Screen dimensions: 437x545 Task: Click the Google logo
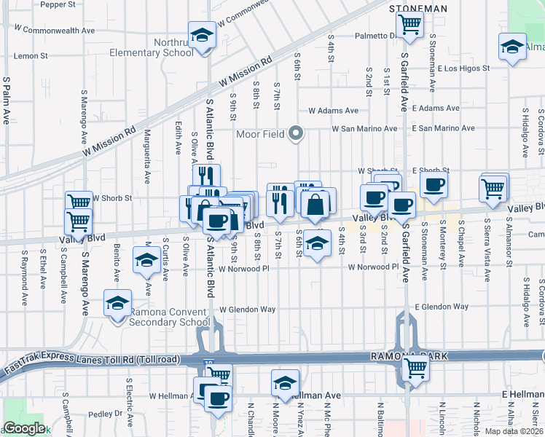(x=25, y=428)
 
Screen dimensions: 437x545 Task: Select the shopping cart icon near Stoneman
(x=410, y=25)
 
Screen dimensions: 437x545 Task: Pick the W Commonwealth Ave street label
(x=59, y=31)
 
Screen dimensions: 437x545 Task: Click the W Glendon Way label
(x=247, y=310)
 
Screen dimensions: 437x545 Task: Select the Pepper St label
(x=58, y=4)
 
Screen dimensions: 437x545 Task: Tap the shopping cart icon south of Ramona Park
(x=415, y=369)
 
